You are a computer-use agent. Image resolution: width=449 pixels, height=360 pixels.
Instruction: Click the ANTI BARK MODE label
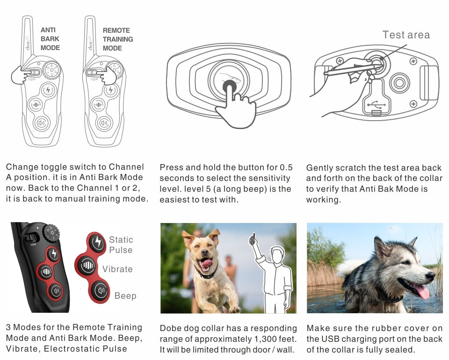tap(50, 39)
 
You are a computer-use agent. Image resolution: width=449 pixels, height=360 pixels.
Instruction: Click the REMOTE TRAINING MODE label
tap(118, 39)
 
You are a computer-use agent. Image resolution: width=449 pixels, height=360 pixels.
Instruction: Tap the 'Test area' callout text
tap(406, 35)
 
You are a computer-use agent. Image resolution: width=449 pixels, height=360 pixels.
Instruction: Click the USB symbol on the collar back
tap(376, 105)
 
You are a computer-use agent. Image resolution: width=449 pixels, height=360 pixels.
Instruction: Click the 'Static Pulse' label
tap(121, 245)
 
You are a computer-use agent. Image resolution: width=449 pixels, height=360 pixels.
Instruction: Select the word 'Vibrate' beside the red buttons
tap(117, 269)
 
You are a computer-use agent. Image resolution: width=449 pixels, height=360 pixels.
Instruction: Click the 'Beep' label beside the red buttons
tap(125, 295)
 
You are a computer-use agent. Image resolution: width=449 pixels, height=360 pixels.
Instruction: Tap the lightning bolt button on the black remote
tap(53, 254)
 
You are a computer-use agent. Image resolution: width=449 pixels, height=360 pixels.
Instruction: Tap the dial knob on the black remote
tap(51, 233)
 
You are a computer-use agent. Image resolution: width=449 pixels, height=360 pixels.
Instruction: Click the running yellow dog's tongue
tap(206, 263)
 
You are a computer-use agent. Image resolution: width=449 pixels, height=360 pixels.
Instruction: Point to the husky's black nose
tap(430, 276)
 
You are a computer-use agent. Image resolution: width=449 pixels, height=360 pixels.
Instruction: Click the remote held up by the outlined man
tap(252, 239)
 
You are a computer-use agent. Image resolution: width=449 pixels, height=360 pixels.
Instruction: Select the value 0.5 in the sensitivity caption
tap(286, 167)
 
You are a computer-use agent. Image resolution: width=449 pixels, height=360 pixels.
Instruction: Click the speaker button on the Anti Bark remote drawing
tap(42, 123)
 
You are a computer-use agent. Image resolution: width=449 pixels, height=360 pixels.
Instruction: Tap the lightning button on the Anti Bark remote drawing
tap(48, 90)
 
